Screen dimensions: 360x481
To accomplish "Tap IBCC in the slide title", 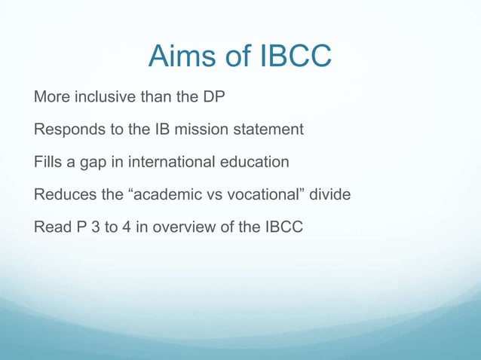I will pyautogui.click(x=293, y=56).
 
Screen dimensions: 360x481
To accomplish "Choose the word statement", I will pyautogui.click(x=268, y=130).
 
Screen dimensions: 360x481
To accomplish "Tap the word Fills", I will pyautogui.click(x=47, y=162).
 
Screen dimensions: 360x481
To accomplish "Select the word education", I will pyautogui.click(x=253, y=162).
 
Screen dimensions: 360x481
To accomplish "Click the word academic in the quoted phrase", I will pyautogui.click(x=164, y=194).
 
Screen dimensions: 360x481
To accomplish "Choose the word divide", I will pyautogui.click(x=329, y=194).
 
